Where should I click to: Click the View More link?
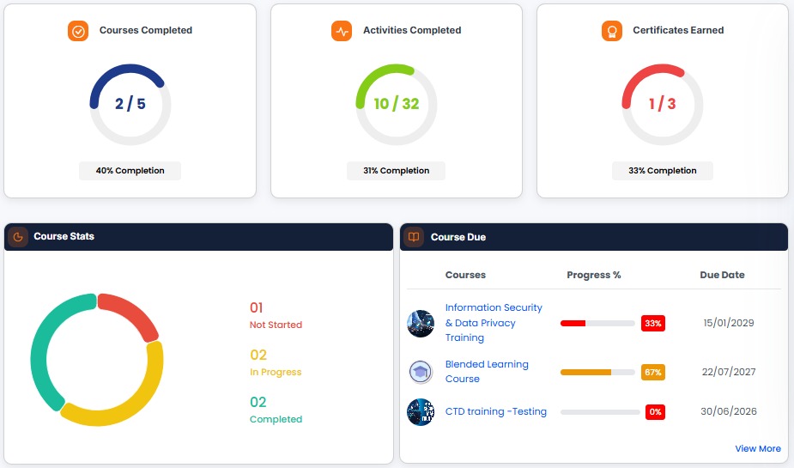click(758, 449)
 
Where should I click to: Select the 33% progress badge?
click(652, 323)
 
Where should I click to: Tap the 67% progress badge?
click(652, 373)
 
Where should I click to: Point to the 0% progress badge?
click(655, 412)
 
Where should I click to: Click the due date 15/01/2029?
click(728, 323)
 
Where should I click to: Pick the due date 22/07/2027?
click(728, 373)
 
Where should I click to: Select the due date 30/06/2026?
click(728, 412)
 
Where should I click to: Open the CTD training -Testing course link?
click(496, 412)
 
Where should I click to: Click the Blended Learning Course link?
click(487, 371)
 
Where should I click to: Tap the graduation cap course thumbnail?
click(421, 373)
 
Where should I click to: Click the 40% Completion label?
click(130, 171)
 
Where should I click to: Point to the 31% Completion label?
click(396, 171)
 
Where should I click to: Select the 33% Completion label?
click(663, 171)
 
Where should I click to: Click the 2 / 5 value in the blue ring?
click(130, 104)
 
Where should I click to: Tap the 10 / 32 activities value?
click(397, 104)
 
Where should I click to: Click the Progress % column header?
click(593, 275)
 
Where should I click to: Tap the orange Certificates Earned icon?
click(612, 31)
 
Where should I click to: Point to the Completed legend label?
click(276, 419)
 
